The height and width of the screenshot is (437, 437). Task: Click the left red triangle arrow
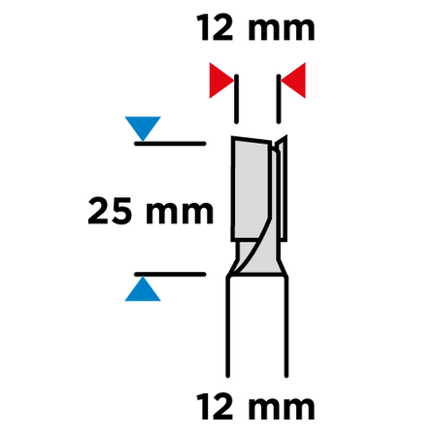[220, 81]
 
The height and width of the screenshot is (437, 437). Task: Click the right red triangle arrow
[294, 81]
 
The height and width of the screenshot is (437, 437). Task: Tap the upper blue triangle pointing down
[143, 127]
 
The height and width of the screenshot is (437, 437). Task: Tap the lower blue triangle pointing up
[143, 289]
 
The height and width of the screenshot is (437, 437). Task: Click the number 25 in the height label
[110, 211]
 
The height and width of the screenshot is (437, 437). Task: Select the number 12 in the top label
[215, 28]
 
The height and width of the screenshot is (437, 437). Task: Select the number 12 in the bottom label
[215, 406]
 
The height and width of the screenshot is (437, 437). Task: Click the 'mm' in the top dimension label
[282, 30]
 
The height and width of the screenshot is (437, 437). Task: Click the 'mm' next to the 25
[180, 214]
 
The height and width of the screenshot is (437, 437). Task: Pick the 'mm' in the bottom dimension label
[282, 409]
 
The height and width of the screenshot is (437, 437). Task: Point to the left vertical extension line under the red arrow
[236, 99]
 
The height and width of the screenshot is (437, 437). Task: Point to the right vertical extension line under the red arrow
[279, 99]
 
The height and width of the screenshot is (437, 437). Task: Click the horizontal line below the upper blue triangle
[170, 144]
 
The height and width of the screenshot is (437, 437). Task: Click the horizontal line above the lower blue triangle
[170, 275]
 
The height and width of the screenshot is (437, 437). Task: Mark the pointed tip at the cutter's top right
[286, 136]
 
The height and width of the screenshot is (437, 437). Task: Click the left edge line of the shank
[228, 327]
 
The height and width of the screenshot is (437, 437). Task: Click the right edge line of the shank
[286, 327]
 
